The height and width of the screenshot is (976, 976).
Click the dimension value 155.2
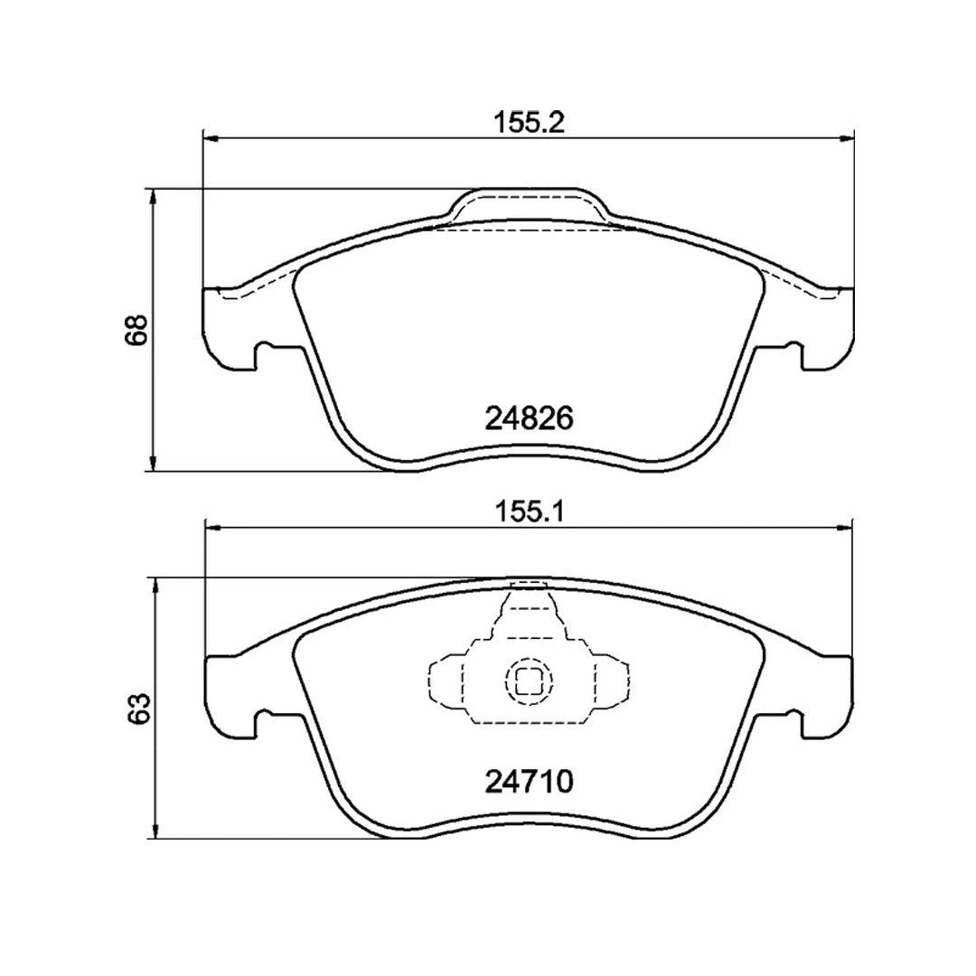[x=529, y=123]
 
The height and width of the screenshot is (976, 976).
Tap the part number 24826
[x=529, y=418]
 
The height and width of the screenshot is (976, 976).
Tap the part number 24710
[x=529, y=782]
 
